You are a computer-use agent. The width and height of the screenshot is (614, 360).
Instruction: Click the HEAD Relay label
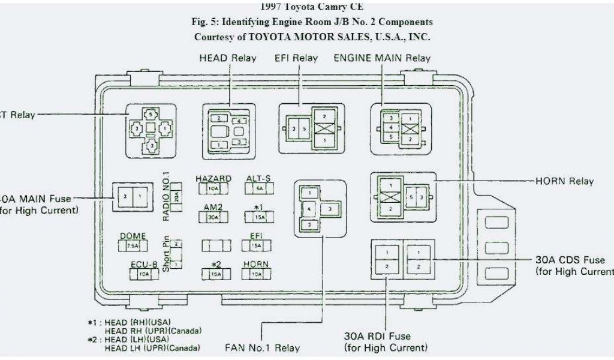coord(227,58)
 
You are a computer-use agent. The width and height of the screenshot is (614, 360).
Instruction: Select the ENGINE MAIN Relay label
coord(381,58)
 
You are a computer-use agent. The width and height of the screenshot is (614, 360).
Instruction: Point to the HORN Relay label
coord(564,181)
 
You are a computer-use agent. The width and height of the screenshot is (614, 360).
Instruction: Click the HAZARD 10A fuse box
coord(213,188)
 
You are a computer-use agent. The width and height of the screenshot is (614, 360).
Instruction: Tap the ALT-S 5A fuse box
coord(260,188)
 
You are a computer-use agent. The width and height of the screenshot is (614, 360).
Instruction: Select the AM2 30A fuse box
coord(213,217)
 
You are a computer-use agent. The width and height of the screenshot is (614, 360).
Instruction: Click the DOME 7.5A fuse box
coord(133,246)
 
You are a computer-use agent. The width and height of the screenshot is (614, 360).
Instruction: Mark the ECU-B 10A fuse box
coord(145,274)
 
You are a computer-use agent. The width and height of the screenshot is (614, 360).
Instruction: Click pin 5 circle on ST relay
coord(151,113)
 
